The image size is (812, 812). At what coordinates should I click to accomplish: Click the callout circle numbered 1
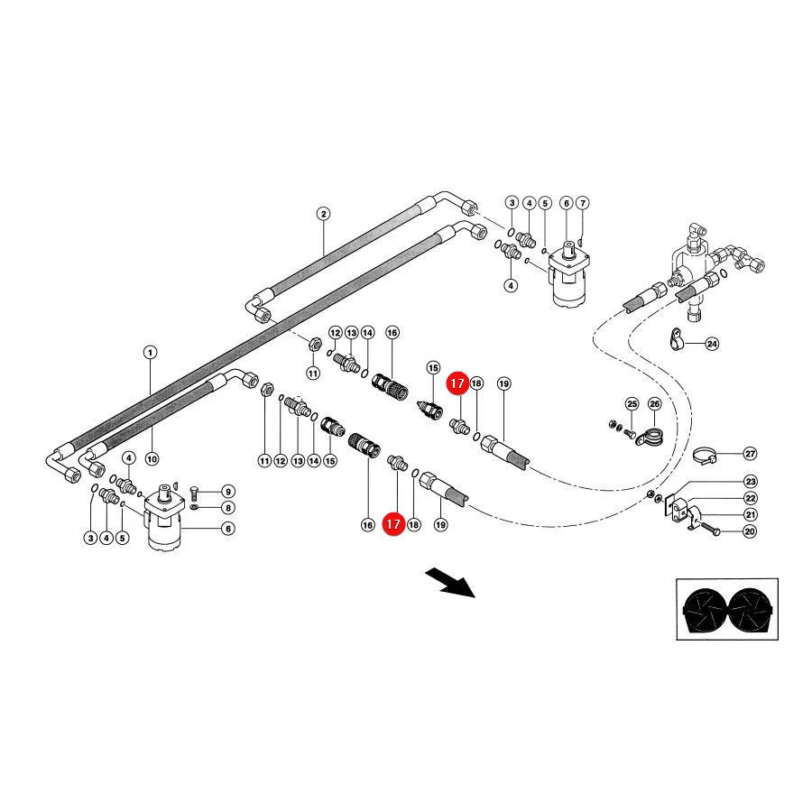[150, 353]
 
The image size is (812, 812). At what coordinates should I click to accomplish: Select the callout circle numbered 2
[323, 214]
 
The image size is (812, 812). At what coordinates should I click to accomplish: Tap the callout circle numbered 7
[583, 203]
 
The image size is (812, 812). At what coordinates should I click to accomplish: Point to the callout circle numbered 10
[152, 459]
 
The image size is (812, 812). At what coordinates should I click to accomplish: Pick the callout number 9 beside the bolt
[228, 492]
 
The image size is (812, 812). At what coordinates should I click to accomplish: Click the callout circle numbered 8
[228, 508]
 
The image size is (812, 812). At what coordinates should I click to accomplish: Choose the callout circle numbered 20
[750, 531]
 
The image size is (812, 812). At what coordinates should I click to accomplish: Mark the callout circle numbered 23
[751, 482]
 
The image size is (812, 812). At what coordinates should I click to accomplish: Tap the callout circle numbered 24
[713, 344]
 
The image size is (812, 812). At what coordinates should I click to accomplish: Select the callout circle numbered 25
[632, 404]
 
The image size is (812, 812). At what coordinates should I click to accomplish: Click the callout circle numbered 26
[655, 404]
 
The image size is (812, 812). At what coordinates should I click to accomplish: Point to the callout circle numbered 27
[751, 454]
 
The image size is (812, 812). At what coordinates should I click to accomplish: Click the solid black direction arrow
[449, 583]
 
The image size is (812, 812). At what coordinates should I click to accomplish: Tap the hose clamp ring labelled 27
[705, 456]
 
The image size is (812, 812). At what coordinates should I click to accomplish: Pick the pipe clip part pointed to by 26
[650, 438]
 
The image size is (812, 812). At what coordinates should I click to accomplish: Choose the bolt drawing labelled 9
[195, 494]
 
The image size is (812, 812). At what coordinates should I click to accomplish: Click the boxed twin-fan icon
[727, 610]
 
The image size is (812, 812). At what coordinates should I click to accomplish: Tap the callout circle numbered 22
[751, 498]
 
